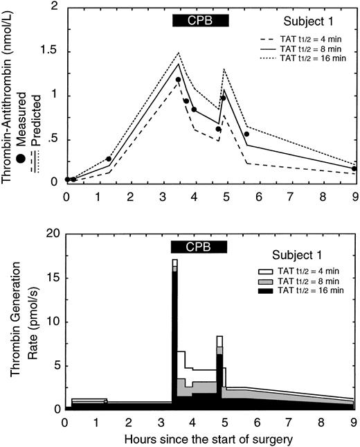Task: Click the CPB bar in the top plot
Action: (x=200, y=20)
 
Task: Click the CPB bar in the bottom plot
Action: (x=200, y=247)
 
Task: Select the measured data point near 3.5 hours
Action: (x=178, y=80)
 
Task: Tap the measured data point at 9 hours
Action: (x=353, y=168)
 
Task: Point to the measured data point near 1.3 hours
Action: (x=109, y=159)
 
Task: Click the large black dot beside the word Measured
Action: (x=19, y=141)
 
